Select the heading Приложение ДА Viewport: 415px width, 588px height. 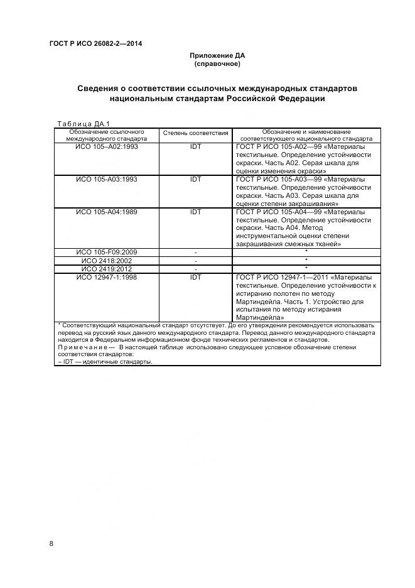pos(217,56)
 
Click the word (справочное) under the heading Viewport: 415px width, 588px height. pos(217,64)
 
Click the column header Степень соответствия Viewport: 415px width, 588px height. pos(195,134)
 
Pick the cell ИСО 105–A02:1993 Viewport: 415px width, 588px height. pos(107,146)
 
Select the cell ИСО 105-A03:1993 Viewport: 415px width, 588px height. pos(107,179)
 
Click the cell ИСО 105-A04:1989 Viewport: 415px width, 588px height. pos(107,212)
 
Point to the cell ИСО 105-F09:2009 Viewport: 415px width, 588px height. pos(107,252)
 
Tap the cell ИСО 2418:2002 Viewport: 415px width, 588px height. pos(107,260)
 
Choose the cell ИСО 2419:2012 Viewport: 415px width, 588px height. pos(107,268)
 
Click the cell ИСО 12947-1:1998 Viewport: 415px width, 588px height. pos(107,276)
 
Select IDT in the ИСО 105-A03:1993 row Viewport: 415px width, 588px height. pos(195,179)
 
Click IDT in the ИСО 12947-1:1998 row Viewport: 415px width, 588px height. pos(195,276)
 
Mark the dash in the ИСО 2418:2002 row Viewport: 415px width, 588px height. pos(195,260)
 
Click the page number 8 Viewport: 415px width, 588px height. pos(51,543)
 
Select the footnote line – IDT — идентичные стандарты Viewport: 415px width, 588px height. pos(105,362)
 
